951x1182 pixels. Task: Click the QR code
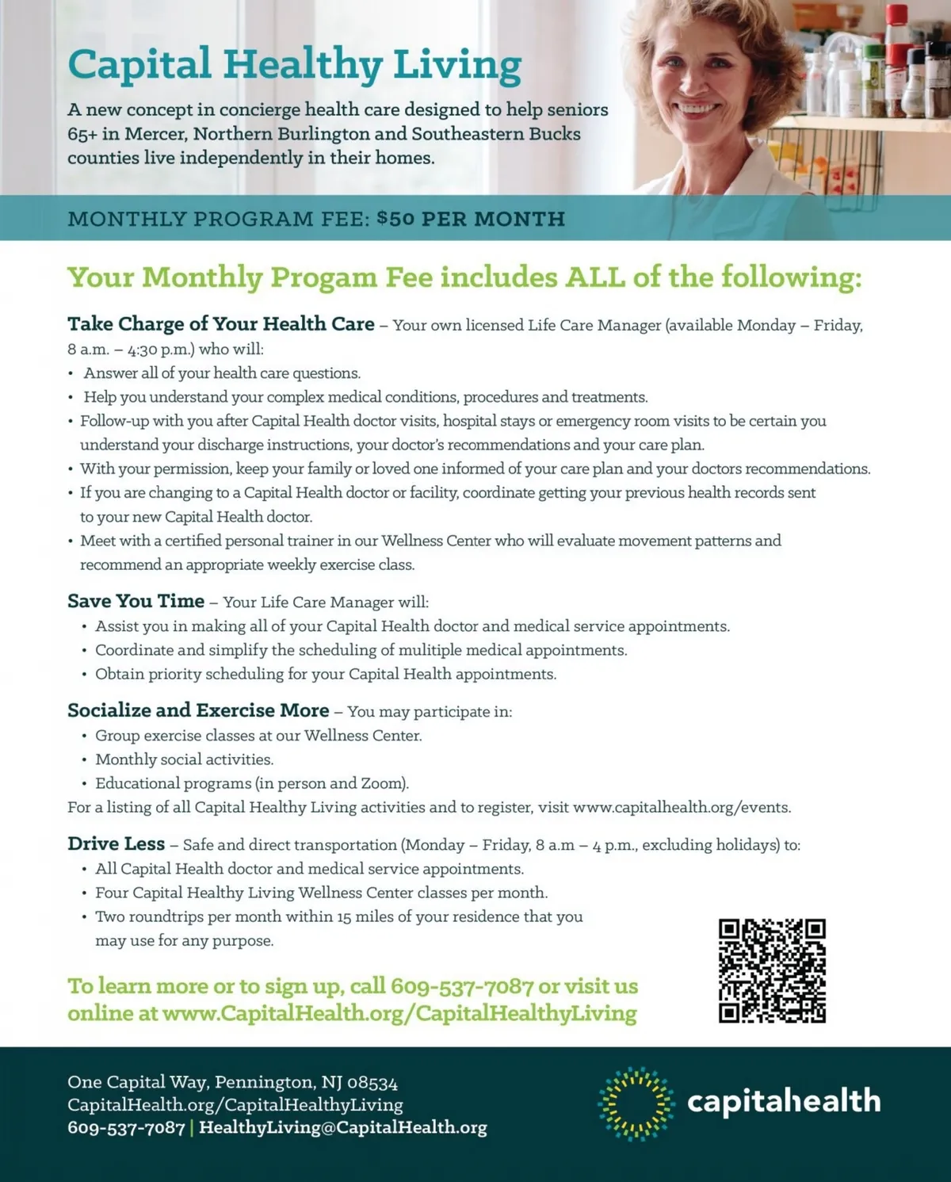click(x=772, y=970)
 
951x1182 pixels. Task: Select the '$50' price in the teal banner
click(x=395, y=218)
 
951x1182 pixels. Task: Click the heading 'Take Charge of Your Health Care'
click(x=220, y=324)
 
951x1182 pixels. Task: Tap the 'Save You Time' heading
click(x=136, y=601)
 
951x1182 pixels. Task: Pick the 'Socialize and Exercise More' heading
click(x=198, y=710)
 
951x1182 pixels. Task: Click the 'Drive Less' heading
click(x=116, y=843)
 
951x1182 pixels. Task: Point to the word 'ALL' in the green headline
click(x=595, y=277)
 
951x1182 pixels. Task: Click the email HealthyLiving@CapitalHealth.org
click(x=342, y=1127)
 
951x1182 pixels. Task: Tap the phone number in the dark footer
click(x=126, y=1127)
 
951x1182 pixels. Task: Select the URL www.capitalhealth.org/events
click(x=681, y=807)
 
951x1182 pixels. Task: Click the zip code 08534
click(x=372, y=1082)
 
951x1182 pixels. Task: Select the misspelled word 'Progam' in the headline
click(x=324, y=277)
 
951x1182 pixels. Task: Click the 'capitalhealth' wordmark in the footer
click(x=783, y=1101)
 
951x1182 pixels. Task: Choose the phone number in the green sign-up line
click(x=462, y=986)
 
